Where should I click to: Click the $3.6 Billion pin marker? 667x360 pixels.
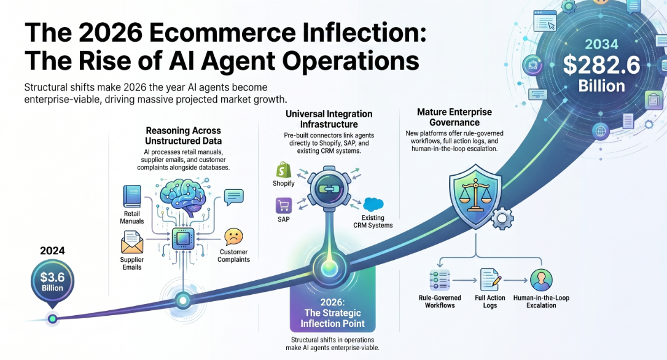pyautogui.click(x=52, y=283)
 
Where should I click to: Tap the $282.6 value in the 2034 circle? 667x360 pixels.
pyautogui.click(x=601, y=65)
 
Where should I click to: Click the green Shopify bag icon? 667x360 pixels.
pyautogui.click(x=284, y=170)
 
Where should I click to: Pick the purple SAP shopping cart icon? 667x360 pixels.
pyautogui.click(x=283, y=206)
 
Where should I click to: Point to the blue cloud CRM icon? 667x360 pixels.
pyautogui.click(x=373, y=204)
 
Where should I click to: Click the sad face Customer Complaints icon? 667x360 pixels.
pyautogui.click(x=233, y=237)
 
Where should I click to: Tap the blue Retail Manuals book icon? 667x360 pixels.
pyautogui.click(x=132, y=196)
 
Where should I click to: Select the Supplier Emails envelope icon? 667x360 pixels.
pyautogui.click(x=132, y=242)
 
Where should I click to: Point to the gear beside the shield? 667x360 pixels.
pyautogui.click(x=502, y=218)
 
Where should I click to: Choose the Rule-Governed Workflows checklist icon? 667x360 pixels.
pyautogui.click(x=439, y=280)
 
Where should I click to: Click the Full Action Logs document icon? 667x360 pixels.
pyautogui.click(x=490, y=280)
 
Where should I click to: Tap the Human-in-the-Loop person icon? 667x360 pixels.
pyautogui.click(x=541, y=280)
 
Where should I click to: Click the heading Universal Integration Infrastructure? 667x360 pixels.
pyautogui.click(x=329, y=119)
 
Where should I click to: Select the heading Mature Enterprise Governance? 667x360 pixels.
pyautogui.click(x=454, y=117)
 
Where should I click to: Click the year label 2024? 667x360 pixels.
pyautogui.click(x=52, y=251)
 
